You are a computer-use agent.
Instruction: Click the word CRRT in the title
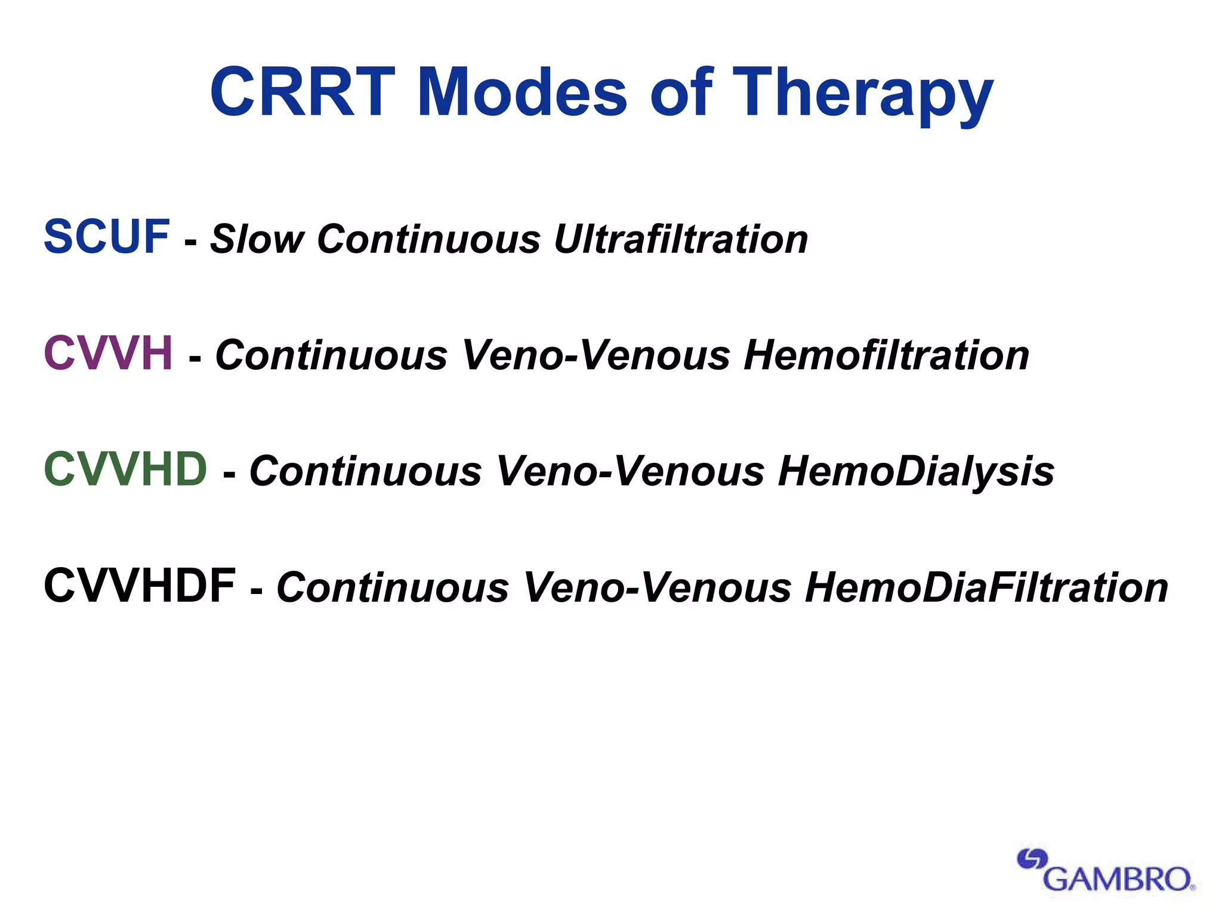coord(303,92)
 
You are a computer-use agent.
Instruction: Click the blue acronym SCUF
coord(107,237)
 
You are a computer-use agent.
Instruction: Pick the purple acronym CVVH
coord(109,353)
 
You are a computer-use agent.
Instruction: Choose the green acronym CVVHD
coord(125,469)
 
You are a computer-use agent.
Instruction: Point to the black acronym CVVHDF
coord(140,586)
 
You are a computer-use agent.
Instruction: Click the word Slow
coord(257,239)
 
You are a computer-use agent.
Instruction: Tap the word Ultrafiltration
coord(681,239)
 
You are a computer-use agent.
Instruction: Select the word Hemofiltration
coord(887,355)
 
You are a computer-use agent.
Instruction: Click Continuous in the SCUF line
coord(429,239)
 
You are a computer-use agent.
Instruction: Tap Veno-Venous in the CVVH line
coord(596,355)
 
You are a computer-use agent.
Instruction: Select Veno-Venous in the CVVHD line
coord(630,472)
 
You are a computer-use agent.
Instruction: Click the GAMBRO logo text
coord(1117,879)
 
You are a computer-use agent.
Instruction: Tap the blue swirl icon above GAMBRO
coord(1032,859)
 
